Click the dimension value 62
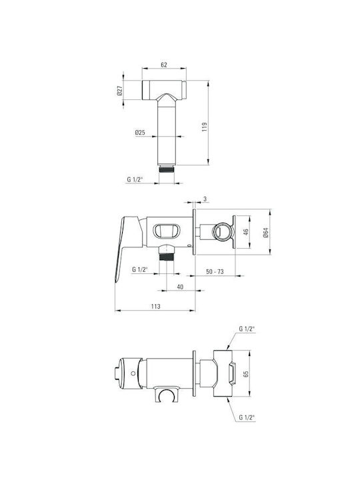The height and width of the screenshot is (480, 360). coord(164,65)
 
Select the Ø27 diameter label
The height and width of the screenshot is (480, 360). coord(120,90)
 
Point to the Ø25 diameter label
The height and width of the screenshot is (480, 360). coord(140,133)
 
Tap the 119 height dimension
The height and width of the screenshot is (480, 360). coord(205,127)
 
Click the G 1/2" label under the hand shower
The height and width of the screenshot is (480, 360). coord(135,180)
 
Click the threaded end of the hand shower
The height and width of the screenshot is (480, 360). coord(167,169)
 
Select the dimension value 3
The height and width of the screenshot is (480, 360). coord(205,199)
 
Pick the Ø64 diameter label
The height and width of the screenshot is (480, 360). coord(265,233)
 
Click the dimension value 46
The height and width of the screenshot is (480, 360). coord(245,232)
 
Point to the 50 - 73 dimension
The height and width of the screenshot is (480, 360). coord(215,271)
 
